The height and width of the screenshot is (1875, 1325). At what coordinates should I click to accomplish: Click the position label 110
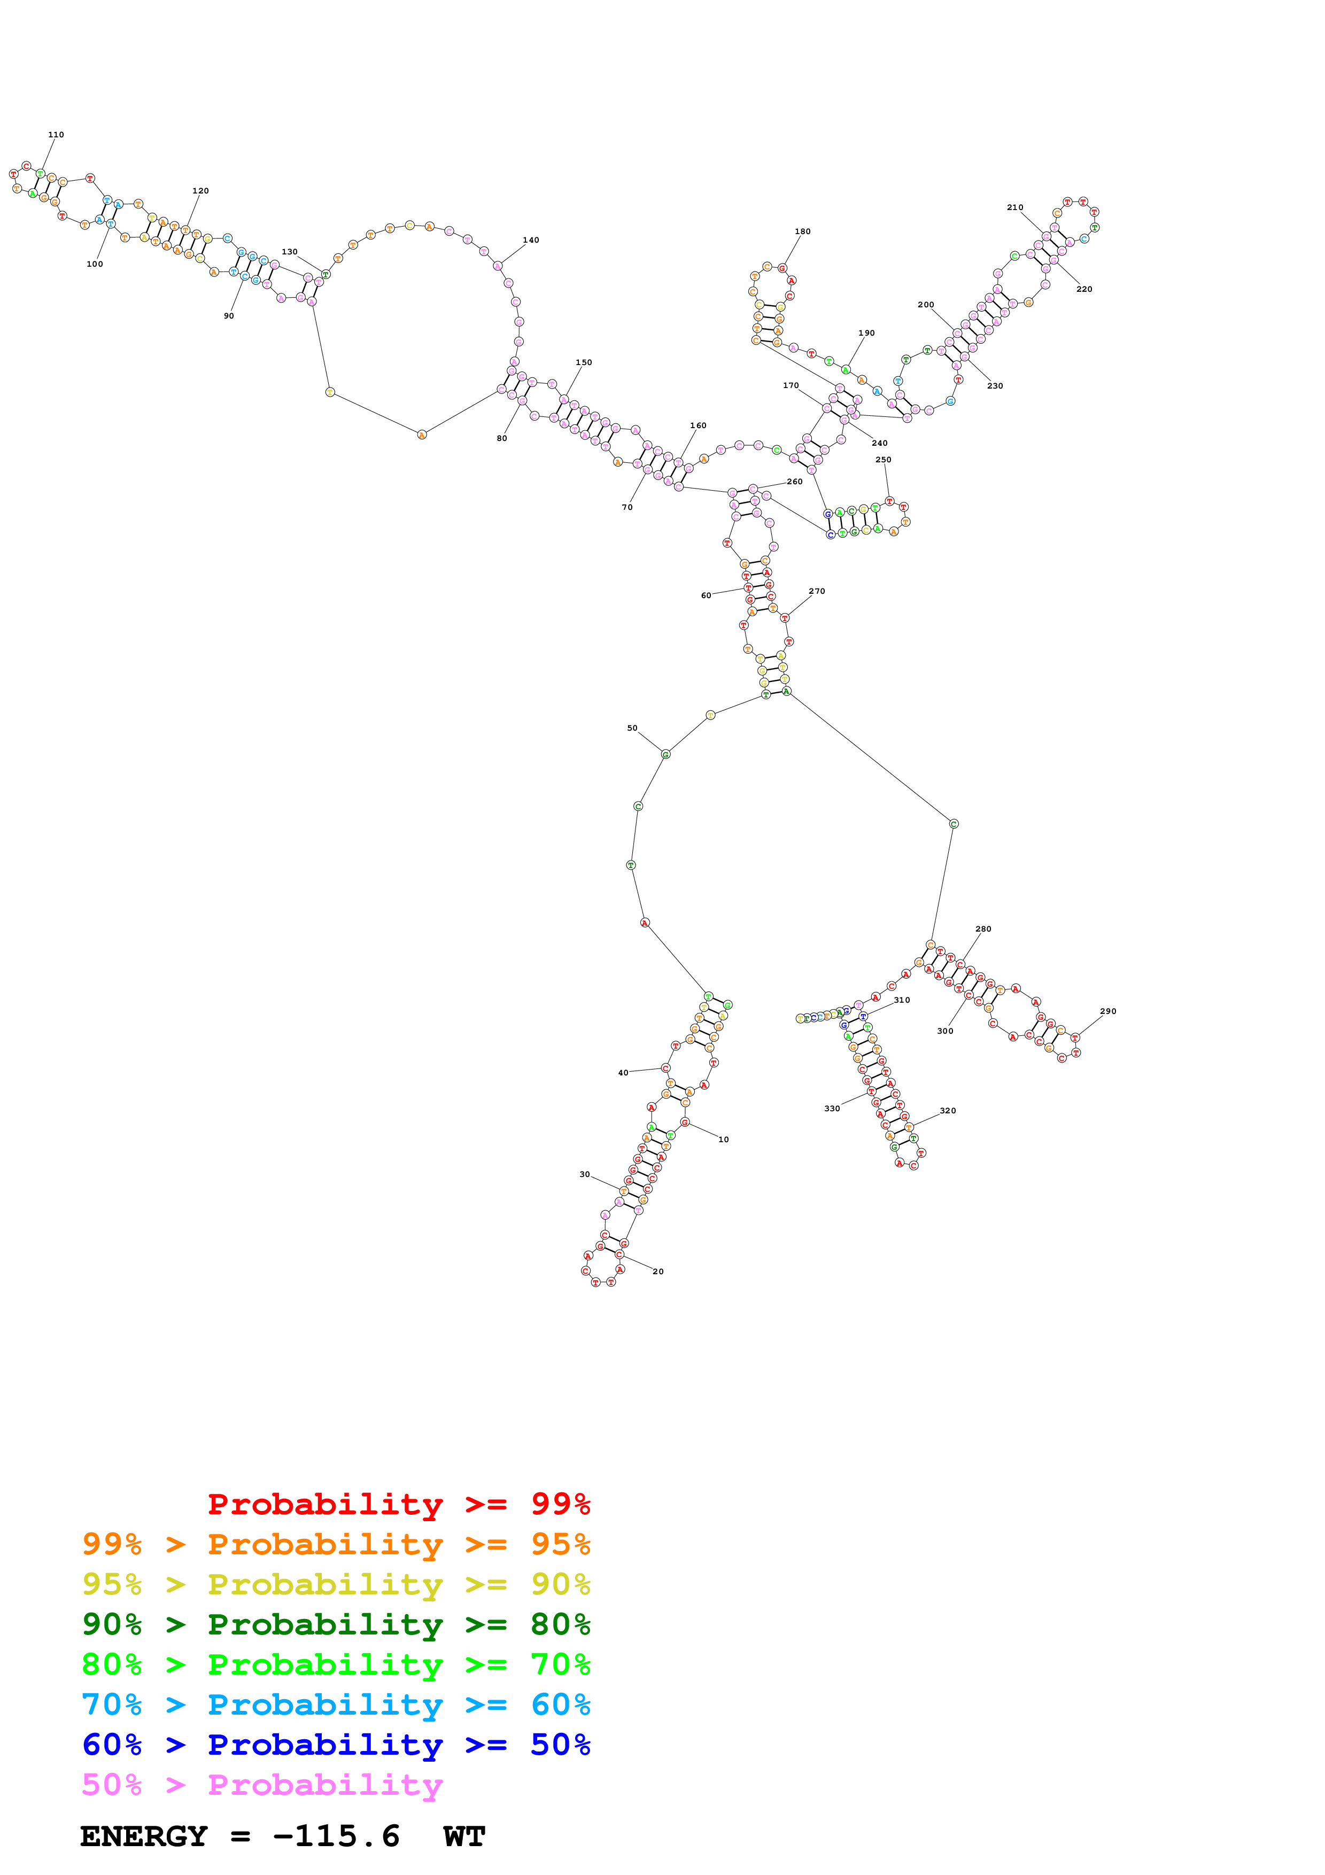[x=56, y=135]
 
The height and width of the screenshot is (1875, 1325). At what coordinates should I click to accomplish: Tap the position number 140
[x=531, y=240]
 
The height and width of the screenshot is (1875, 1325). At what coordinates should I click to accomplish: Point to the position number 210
[x=1015, y=207]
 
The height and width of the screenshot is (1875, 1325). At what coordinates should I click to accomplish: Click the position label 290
[x=1108, y=1011]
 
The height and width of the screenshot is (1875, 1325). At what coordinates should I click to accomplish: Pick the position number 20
[x=658, y=1272]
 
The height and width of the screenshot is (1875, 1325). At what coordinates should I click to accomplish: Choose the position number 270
[x=816, y=591]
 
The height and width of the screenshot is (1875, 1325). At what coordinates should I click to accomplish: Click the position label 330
[x=832, y=1108]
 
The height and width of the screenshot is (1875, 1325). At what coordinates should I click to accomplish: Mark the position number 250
[x=884, y=460]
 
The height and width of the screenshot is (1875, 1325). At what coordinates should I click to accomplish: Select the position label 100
[x=95, y=264]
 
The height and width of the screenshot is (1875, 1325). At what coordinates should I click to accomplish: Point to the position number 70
[x=627, y=507]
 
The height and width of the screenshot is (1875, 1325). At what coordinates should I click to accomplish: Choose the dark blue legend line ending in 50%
[x=336, y=1745]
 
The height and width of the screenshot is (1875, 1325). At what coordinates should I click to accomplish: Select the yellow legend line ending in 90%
[x=336, y=1584]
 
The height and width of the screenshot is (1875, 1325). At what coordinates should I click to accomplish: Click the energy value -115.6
[x=336, y=1837]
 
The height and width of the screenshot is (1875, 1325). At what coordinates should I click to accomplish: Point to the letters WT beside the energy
[x=464, y=1837]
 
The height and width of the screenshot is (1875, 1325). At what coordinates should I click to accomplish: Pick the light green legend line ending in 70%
[x=336, y=1664]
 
